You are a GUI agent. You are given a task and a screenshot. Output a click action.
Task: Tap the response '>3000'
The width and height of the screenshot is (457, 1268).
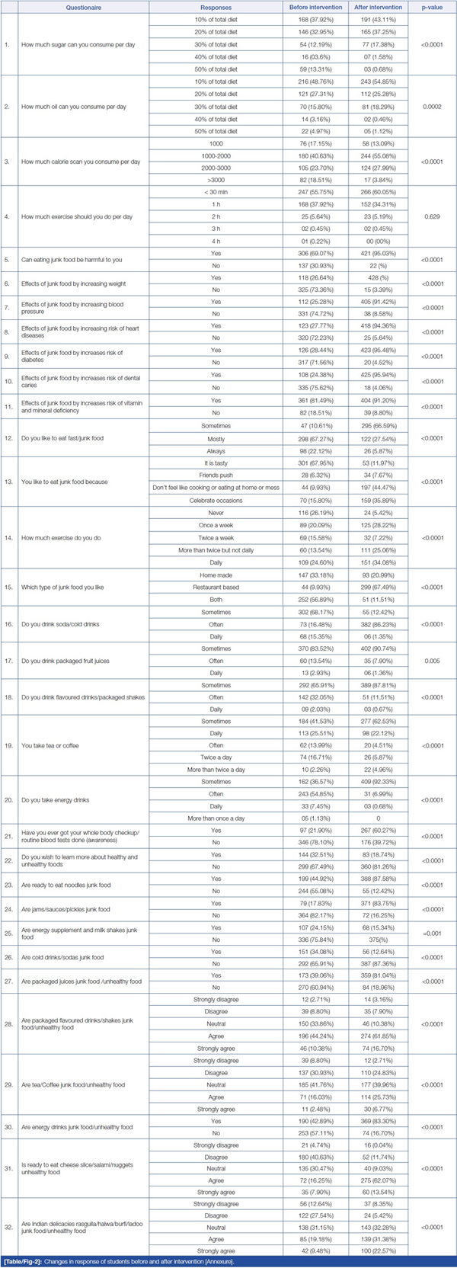pyautogui.click(x=216, y=180)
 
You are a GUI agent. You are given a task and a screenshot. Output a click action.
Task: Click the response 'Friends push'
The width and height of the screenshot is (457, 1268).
pyautogui.click(x=216, y=475)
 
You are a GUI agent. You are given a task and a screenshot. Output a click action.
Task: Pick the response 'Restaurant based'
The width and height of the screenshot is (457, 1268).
pyautogui.click(x=216, y=587)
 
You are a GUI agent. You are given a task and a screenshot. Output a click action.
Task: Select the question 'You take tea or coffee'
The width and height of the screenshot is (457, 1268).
pyautogui.click(x=50, y=745)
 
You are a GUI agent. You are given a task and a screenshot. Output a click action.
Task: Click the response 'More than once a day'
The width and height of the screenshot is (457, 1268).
pyautogui.click(x=216, y=818)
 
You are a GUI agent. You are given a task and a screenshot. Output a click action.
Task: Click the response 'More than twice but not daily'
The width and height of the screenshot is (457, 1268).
pyautogui.click(x=216, y=550)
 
